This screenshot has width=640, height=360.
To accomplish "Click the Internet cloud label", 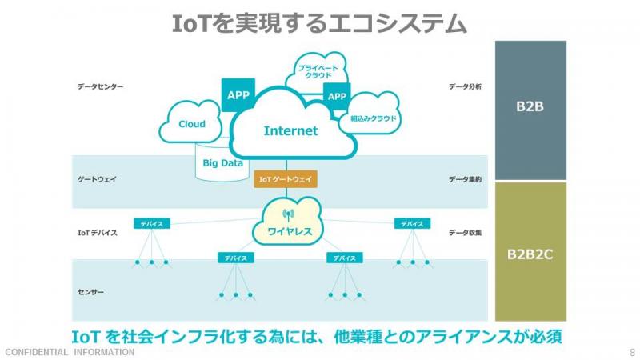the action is [x=290, y=130].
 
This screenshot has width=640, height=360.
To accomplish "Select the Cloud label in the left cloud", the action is [x=192, y=124].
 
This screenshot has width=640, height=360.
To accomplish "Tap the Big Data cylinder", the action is [x=222, y=162].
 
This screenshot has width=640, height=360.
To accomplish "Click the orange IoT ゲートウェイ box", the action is [x=286, y=179].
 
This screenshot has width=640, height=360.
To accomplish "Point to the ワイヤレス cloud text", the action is [x=290, y=231].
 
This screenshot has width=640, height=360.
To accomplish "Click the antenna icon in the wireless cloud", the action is [x=288, y=215].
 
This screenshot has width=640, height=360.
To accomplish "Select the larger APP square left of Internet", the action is [x=238, y=95].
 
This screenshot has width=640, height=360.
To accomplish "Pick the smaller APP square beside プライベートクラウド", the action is [x=337, y=96].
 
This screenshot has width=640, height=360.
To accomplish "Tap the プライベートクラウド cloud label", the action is [x=318, y=71].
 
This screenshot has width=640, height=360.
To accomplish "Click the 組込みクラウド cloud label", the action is [x=374, y=118].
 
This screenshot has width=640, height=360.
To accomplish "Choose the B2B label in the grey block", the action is [x=530, y=106].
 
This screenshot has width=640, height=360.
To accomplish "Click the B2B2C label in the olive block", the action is [x=530, y=254].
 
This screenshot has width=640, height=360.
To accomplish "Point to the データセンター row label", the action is [x=101, y=86].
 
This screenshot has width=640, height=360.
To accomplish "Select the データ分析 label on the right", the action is [x=466, y=86].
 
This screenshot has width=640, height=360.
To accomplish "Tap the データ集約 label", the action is [x=466, y=179].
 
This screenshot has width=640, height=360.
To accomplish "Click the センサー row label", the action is [x=90, y=292].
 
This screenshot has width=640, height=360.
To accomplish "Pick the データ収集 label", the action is [x=466, y=233].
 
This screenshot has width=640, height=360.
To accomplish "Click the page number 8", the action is [x=632, y=352].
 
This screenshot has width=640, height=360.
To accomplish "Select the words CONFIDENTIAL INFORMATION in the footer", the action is [x=70, y=352].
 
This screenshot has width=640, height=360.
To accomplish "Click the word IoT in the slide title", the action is [x=190, y=23].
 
